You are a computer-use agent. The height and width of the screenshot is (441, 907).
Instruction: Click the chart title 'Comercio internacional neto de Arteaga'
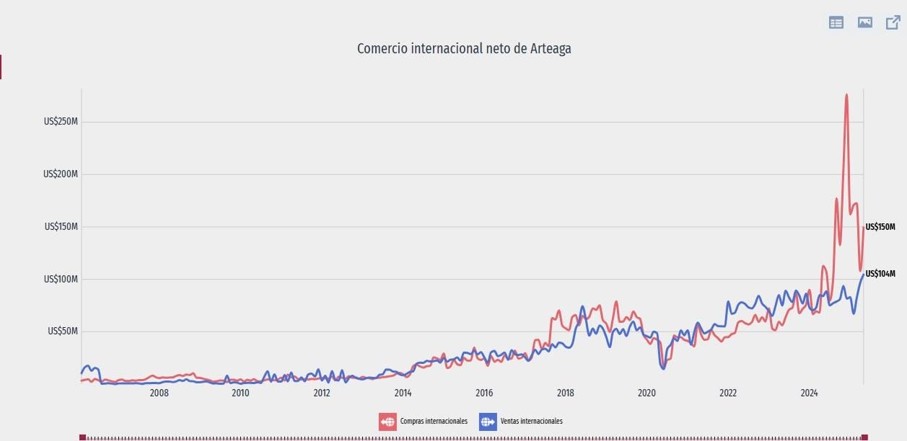point(464,48)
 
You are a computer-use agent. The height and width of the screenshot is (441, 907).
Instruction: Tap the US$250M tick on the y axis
point(61,122)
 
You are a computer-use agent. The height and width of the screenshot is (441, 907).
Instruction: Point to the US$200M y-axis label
point(61,174)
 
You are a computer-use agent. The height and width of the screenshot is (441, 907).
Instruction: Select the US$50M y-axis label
point(63,331)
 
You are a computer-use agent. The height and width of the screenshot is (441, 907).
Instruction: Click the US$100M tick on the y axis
point(61,279)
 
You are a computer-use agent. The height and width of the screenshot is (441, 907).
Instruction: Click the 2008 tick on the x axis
point(159,393)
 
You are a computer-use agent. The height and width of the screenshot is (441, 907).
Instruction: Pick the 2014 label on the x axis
point(403,393)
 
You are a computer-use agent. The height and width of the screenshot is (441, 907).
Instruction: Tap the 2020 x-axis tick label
point(647,393)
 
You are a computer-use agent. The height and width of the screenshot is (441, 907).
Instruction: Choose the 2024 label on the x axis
point(810,393)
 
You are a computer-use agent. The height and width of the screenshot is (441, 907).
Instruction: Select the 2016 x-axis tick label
point(484,393)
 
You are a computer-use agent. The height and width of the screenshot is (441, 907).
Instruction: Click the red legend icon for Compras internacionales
point(387,422)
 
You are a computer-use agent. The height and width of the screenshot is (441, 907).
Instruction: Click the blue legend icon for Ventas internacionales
point(488,422)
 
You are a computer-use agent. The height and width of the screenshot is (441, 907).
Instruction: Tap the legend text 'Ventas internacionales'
point(531,422)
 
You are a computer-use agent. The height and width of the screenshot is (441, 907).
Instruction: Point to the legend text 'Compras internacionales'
point(433,422)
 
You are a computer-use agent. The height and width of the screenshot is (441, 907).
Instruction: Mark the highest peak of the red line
point(846,94)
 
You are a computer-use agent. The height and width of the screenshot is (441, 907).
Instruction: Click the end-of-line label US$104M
point(880,274)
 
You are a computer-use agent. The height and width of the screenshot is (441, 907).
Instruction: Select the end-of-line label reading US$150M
point(880,227)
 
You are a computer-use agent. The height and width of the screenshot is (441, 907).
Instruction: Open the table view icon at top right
point(836,22)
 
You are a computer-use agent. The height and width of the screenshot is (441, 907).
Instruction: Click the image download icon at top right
point(865,22)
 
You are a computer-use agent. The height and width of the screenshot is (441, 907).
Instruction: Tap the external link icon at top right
point(893,22)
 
